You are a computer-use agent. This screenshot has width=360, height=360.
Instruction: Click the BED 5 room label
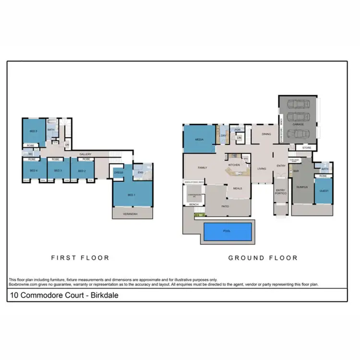point(33,131)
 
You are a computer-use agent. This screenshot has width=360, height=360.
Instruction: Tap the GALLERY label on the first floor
point(85,154)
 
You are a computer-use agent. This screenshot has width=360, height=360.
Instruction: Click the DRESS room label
point(120,172)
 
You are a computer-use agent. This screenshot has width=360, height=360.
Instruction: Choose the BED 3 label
point(58,171)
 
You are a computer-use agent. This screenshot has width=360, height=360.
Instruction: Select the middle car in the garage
point(298,119)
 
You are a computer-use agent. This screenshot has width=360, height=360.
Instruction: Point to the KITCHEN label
point(234,165)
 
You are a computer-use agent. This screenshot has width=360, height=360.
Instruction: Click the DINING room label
point(260,134)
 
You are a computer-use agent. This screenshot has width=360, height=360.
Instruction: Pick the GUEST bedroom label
point(324,191)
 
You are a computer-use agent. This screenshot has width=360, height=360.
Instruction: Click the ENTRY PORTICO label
point(281,192)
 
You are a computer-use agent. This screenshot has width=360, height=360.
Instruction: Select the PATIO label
point(225,206)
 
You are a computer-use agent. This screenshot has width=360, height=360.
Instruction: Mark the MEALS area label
point(237,189)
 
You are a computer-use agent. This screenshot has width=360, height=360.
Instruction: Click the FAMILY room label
point(202,168)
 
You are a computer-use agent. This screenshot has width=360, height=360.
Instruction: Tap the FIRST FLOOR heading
point(80,258)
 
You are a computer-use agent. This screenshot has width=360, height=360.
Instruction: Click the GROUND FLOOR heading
point(263,258)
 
